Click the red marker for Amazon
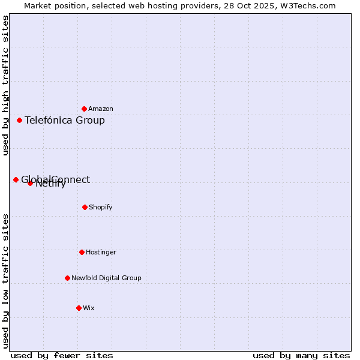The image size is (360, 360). [84, 109]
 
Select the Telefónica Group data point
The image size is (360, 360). [19, 120]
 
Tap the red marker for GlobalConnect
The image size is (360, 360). [16, 179]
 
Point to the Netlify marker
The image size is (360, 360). [30, 183]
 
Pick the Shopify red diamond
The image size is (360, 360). [85, 207]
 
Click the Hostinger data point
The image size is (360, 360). [82, 252]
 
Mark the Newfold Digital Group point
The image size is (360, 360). [67, 278]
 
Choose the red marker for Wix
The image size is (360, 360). [79, 308]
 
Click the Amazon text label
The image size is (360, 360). [101, 109]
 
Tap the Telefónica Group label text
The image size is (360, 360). [65, 120]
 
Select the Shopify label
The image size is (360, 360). [101, 207]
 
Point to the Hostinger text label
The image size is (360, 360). [101, 252]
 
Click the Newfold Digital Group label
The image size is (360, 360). [106, 278]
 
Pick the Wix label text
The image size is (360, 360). [89, 308]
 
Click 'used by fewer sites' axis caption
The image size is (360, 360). [62, 355]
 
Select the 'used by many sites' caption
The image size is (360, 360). [301, 355]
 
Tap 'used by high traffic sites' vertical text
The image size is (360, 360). [5, 86]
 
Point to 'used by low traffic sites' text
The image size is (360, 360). [5, 280]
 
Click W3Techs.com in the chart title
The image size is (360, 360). [310, 5]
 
